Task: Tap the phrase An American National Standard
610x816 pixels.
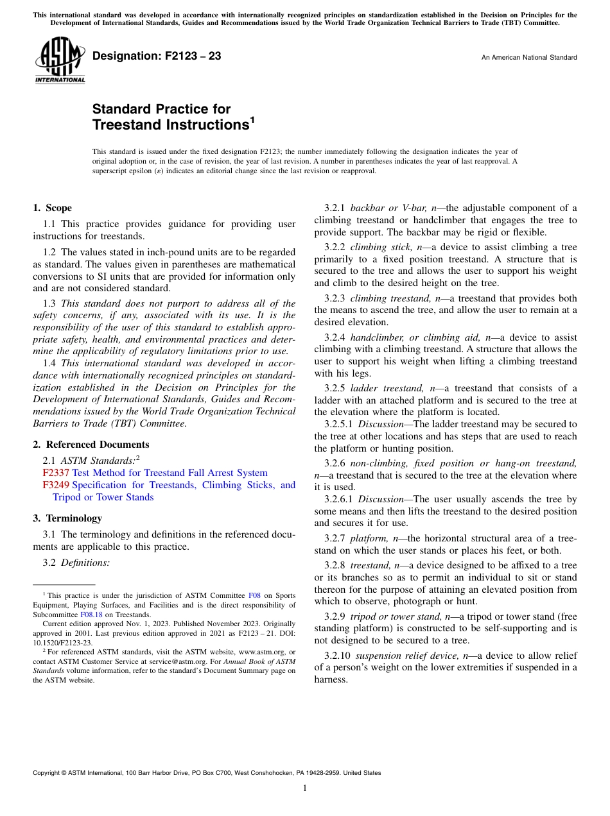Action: (529, 58)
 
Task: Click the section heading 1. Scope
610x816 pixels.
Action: (53, 208)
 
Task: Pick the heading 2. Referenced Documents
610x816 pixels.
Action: (91, 445)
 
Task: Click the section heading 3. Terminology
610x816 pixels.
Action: (67, 518)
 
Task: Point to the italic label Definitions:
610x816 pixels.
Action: (85, 563)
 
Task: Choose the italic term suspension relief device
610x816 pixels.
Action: (401, 656)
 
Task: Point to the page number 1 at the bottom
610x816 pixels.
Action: (305, 788)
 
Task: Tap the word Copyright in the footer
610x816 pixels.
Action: (48, 773)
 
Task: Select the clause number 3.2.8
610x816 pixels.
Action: (335, 565)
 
